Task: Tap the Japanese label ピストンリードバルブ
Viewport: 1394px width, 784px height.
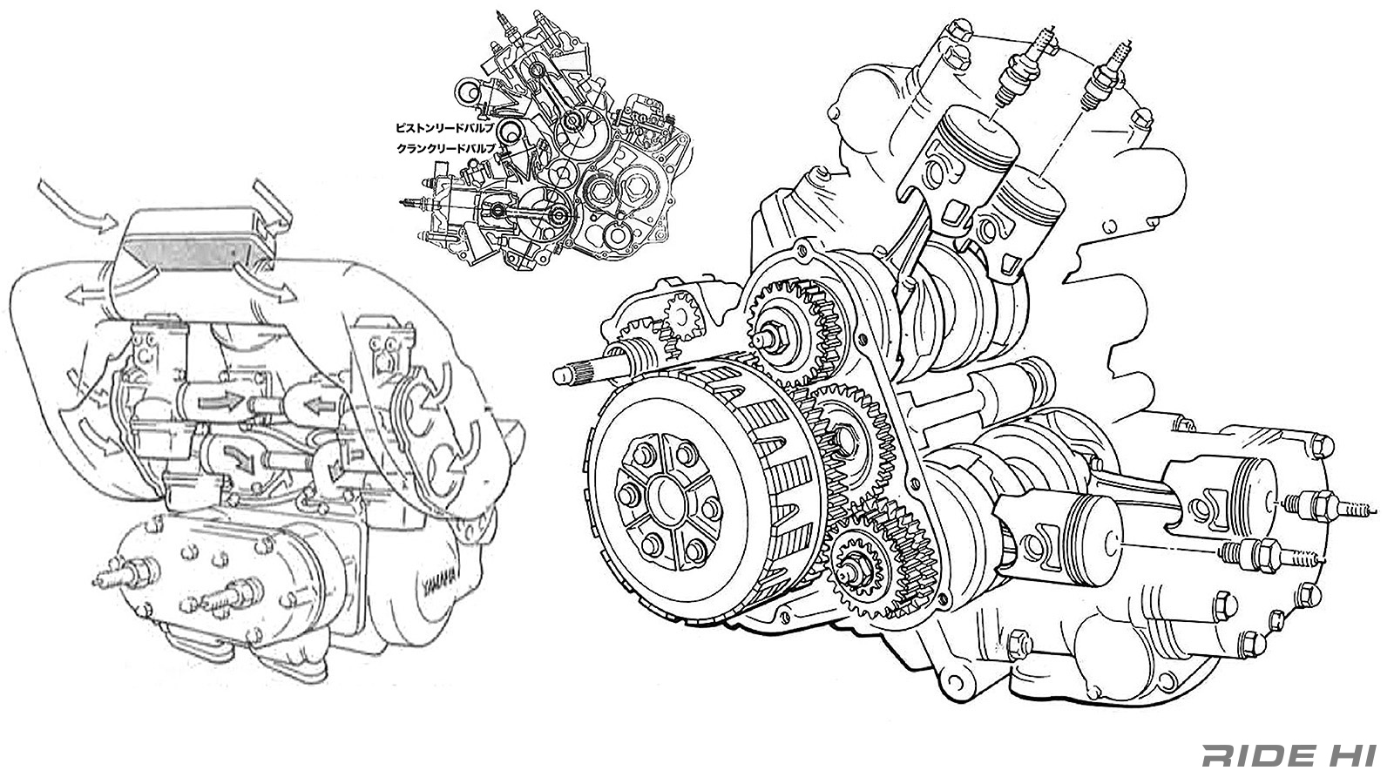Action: click(x=445, y=127)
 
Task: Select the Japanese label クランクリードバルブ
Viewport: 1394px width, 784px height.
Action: click(x=445, y=149)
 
